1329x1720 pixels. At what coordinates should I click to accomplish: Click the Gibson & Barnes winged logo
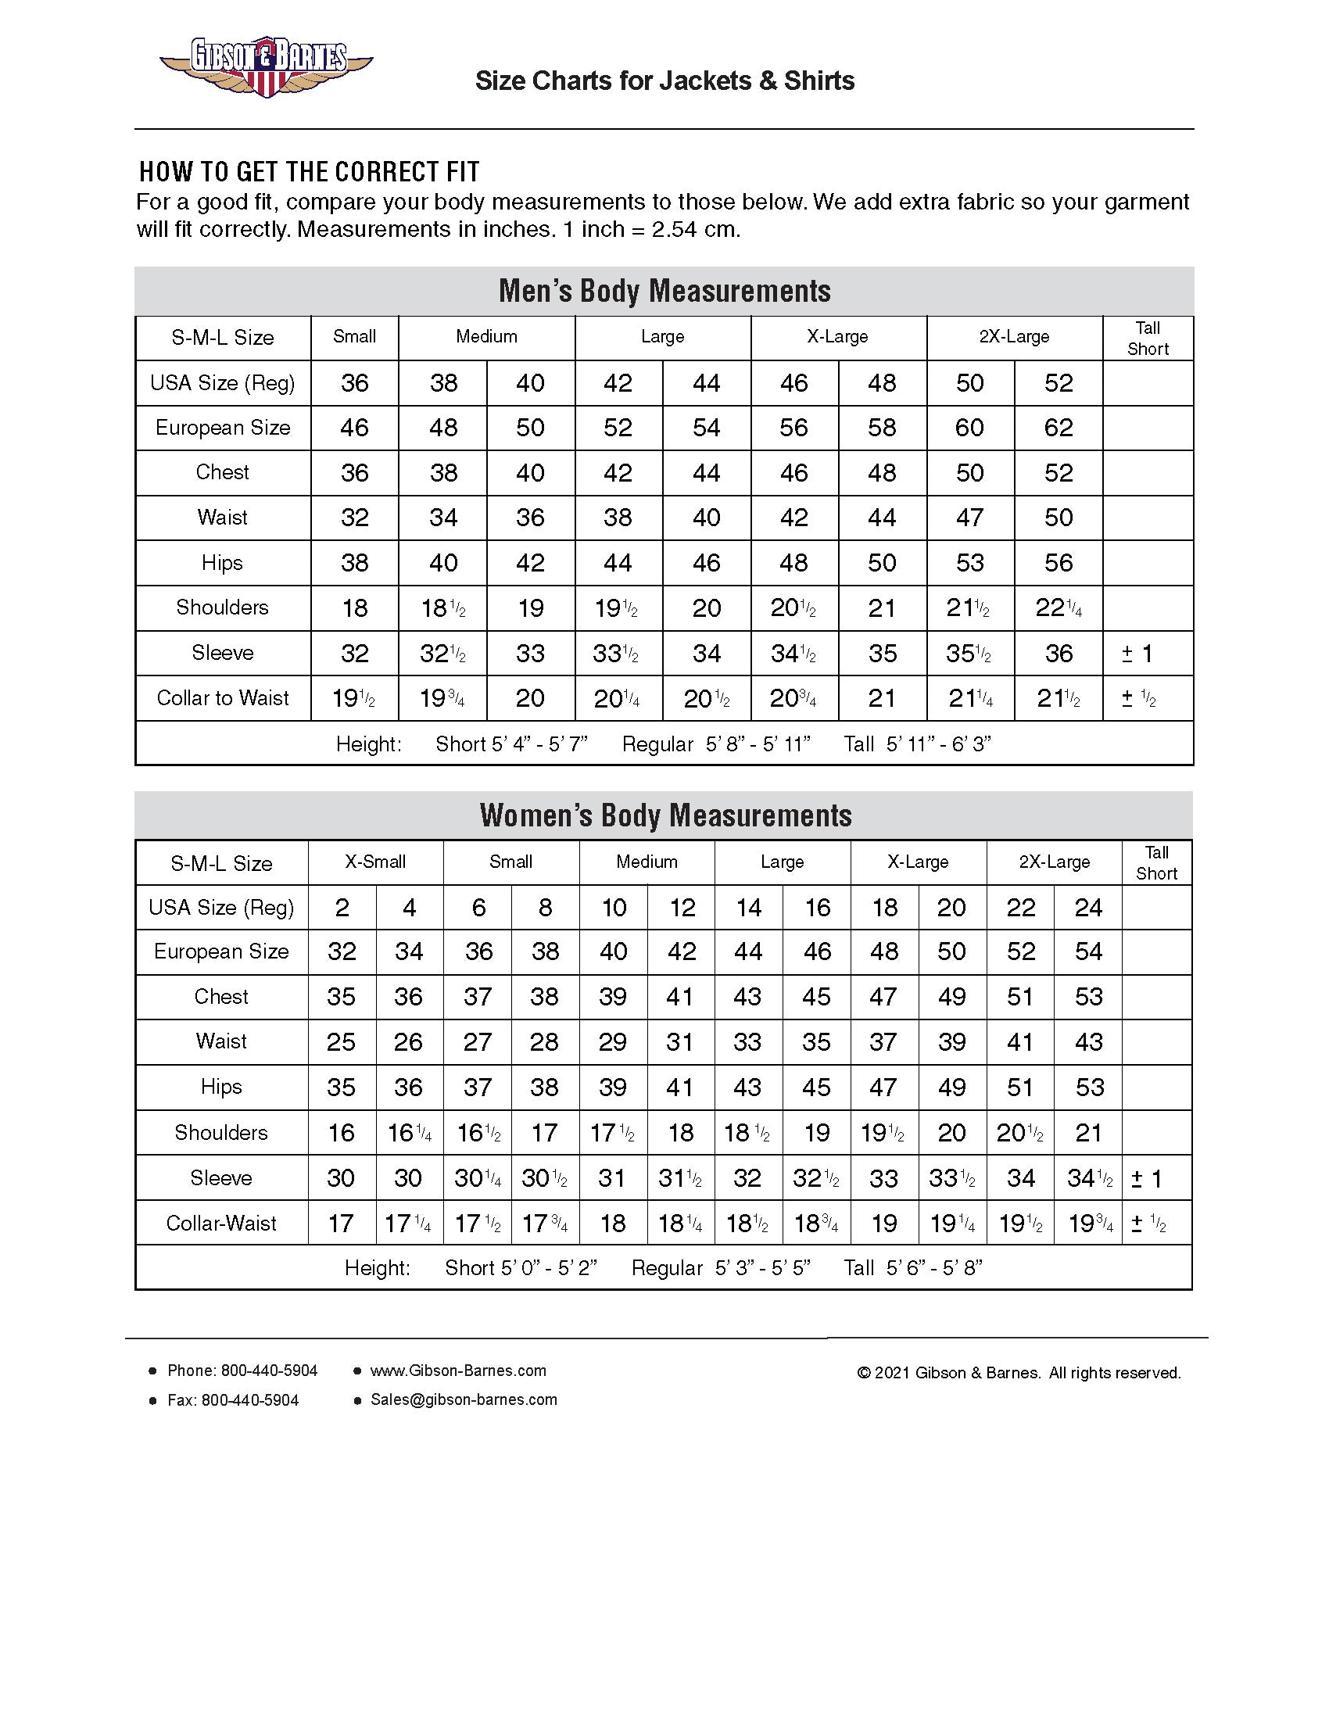(x=266, y=66)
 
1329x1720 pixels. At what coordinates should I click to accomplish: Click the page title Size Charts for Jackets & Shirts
(x=664, y=81)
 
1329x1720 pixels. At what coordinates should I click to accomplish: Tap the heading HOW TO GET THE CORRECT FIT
(x=310, y=172)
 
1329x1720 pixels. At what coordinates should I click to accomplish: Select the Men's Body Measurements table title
(x=664, y=291)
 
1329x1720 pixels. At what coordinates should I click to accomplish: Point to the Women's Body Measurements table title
(x=664, y=815)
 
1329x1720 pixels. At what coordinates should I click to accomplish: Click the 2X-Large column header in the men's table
(x=1014, y=337)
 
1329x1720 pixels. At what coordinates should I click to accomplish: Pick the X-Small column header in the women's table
(x=375, y=862)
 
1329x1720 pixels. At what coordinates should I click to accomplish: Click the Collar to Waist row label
(x=223, y=697)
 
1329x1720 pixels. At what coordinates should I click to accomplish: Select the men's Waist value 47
(x=970, y=518)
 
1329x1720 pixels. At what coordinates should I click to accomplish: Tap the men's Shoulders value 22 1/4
(x=1059, y=608)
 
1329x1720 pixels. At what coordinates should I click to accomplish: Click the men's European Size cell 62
(x=1059, y=428)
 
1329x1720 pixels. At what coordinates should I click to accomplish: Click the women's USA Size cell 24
(x=1088, y=907)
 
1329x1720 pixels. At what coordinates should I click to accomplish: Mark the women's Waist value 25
(x=342, y=1042)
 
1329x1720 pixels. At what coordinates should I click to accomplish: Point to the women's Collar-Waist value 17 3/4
(x=545, y=1224)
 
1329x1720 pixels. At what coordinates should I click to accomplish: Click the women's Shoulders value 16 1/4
(x=410, y=1134)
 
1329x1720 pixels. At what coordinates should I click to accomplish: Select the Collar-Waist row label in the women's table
(x=221, y=1223)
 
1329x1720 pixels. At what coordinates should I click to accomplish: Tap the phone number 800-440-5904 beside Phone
(x=269, y=1371)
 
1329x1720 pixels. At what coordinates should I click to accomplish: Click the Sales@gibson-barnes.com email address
(x=464, y=1399)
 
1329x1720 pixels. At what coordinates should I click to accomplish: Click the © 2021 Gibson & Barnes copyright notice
(x=1019, y=1373)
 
